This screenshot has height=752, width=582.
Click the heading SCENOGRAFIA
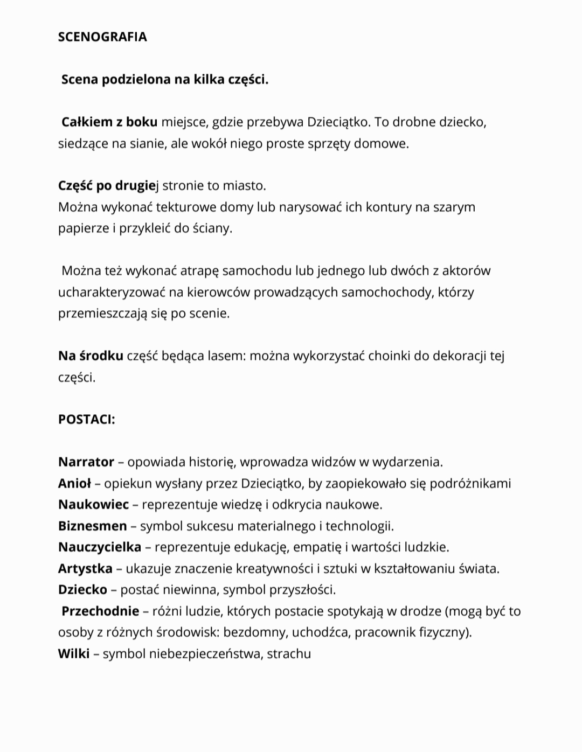coord(102,37)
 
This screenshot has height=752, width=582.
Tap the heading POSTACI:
coord(86,420)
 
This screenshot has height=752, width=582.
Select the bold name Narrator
coord(86,462)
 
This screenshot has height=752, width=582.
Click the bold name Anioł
coord(74,483)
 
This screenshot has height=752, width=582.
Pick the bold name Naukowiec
coord(93,505)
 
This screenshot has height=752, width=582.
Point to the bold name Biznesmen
coord(92,526)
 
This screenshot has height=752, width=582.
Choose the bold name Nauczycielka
coord(99,547)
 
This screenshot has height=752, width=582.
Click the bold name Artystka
coord(85,568)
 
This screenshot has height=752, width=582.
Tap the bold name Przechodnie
coord(100,611)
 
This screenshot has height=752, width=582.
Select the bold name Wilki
coord(74,654)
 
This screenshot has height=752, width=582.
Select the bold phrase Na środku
coord(91,356)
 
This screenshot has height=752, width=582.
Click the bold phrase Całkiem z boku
coord(109,122)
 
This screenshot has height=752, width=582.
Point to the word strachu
coord(289,654)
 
